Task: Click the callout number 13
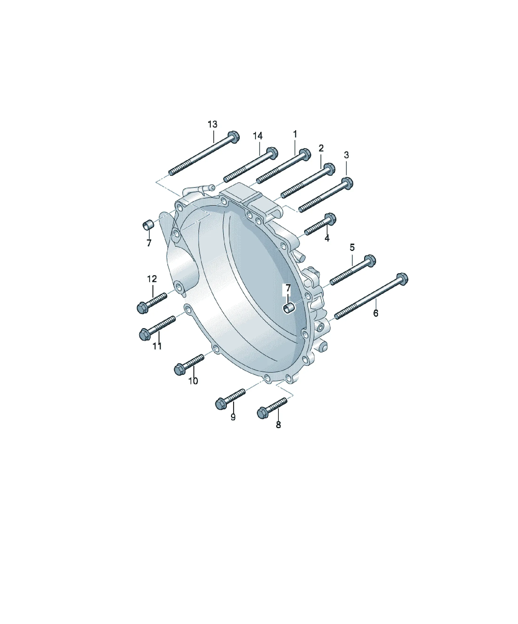tap(212, 124)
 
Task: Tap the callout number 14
tap(258, 136)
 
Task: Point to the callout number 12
tap(152, 279)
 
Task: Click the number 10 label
tap(193, 381)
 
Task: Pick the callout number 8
tap(278, 425)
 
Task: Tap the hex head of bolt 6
tap(402, 279)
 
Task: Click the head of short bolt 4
tap(331, 219)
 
